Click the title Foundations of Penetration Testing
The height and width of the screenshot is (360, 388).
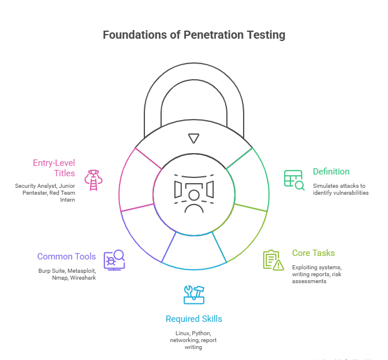(x=193, y=35)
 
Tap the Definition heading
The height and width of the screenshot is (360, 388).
(x=331, y=172)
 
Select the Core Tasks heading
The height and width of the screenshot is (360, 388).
(x=313, y=253)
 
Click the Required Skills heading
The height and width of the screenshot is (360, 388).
(x=193, y=319)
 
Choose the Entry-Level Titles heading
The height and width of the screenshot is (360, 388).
(x=54, y=168)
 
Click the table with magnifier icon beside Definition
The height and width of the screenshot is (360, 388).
(x=293, y=180)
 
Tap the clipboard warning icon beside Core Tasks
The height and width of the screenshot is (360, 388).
(x=273, y=260)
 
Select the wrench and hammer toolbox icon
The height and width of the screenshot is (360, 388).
(x=193, y=294)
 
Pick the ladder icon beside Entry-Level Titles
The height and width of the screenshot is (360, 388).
(x=92, y=180)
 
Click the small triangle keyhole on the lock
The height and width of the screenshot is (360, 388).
(x=194, y=138)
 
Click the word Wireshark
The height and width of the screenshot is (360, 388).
(x=83, y=278)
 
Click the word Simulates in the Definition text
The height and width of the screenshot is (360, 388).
(x=327, y=185)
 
